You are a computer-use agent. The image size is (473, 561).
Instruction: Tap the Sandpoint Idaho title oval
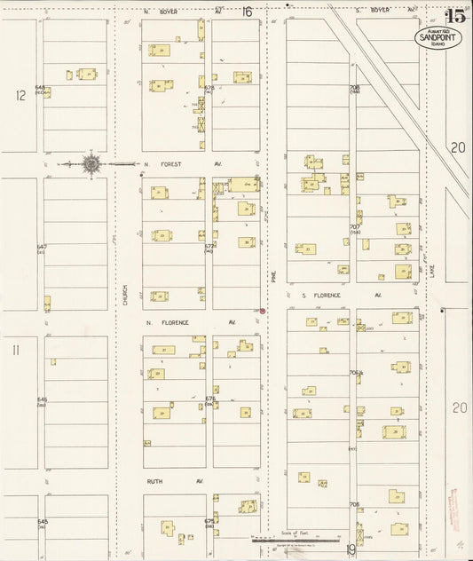click(437, 37)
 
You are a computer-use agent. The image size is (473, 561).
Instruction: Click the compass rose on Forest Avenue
click(91, 164)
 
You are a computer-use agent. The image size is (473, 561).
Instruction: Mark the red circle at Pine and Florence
click(262, 311)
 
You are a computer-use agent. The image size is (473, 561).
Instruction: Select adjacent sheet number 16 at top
click(247, 12)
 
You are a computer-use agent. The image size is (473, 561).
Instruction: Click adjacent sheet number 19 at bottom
click(351, 550)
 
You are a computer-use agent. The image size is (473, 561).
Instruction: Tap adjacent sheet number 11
click(15, 350)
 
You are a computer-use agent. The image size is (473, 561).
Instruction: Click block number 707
click(354, 227)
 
